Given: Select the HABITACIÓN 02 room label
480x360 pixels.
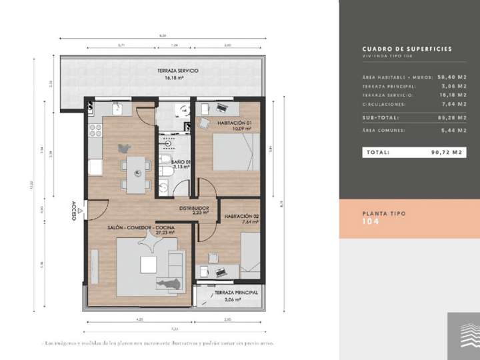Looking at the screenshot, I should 241,217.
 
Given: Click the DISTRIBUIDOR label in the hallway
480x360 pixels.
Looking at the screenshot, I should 193,208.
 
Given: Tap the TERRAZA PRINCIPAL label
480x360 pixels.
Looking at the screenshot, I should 235,293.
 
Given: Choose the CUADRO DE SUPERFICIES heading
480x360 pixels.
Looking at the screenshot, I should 407,49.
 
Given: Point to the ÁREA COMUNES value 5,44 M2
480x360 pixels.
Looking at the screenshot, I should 453,131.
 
